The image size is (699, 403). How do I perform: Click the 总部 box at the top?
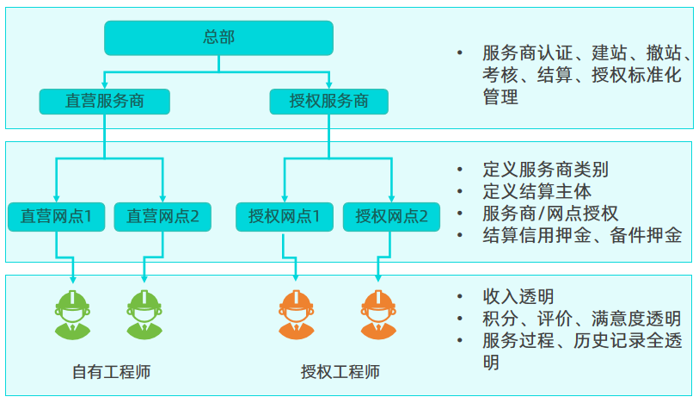coord(218,37)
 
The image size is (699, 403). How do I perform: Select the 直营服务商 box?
coord(105,101)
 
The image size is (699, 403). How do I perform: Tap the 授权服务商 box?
coord(329,101)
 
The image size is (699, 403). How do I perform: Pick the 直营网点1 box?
coord(57,216)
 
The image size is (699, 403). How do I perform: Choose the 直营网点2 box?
coord(163,216)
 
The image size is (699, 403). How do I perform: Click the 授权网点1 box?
coord(285,216)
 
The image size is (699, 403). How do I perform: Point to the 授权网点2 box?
coord(391,216)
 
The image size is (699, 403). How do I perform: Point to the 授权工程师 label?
coord(340,372)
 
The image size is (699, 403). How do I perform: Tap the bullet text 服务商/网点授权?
coord(550,213)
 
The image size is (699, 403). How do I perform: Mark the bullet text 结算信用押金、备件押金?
coord(582,234)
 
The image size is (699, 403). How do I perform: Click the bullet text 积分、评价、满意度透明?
coord(582,319)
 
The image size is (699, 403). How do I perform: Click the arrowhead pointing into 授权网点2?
coord(391,197)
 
